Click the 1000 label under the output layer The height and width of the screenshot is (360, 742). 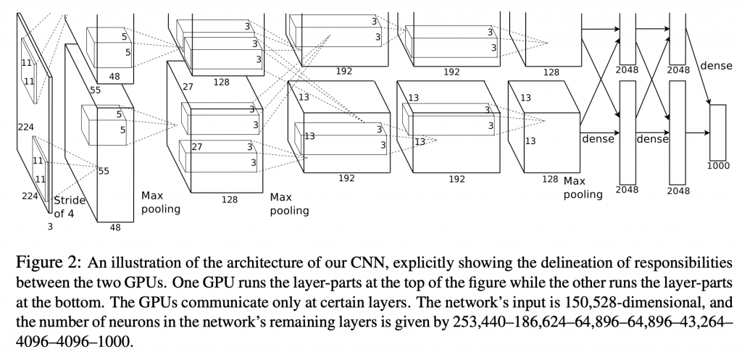tap(717, 165)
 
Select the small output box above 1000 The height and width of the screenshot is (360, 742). tap(717, 132)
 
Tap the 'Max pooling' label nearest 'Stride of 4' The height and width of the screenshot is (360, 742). tap(160, 202)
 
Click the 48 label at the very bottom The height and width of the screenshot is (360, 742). tap(115, 227)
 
